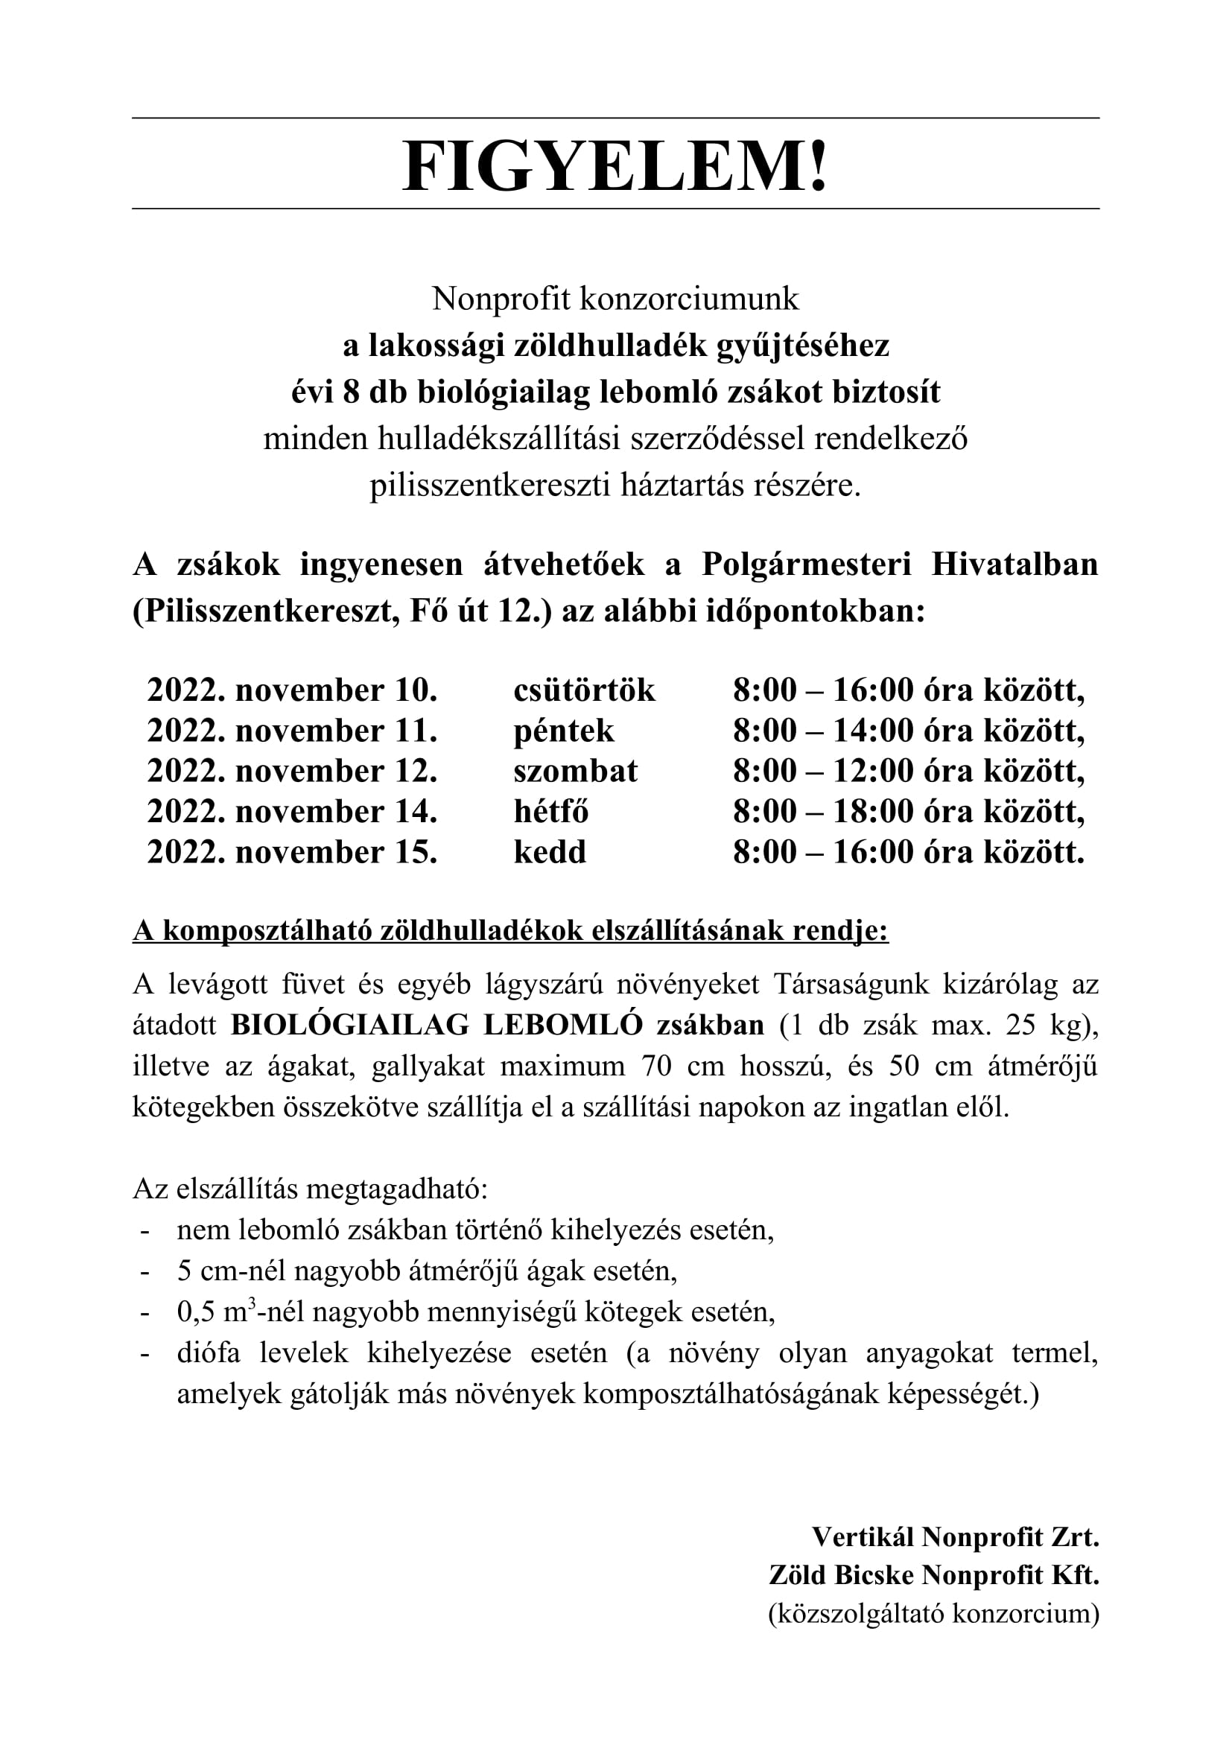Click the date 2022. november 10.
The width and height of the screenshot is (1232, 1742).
292,690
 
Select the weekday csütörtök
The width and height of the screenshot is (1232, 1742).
584,690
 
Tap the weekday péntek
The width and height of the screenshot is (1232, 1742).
564,731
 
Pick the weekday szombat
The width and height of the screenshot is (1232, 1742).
575,771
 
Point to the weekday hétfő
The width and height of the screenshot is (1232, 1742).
550,812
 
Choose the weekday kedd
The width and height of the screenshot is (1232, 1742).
550,852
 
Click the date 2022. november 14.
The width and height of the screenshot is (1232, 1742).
292,812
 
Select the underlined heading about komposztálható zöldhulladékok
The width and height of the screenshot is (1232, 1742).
510,931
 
